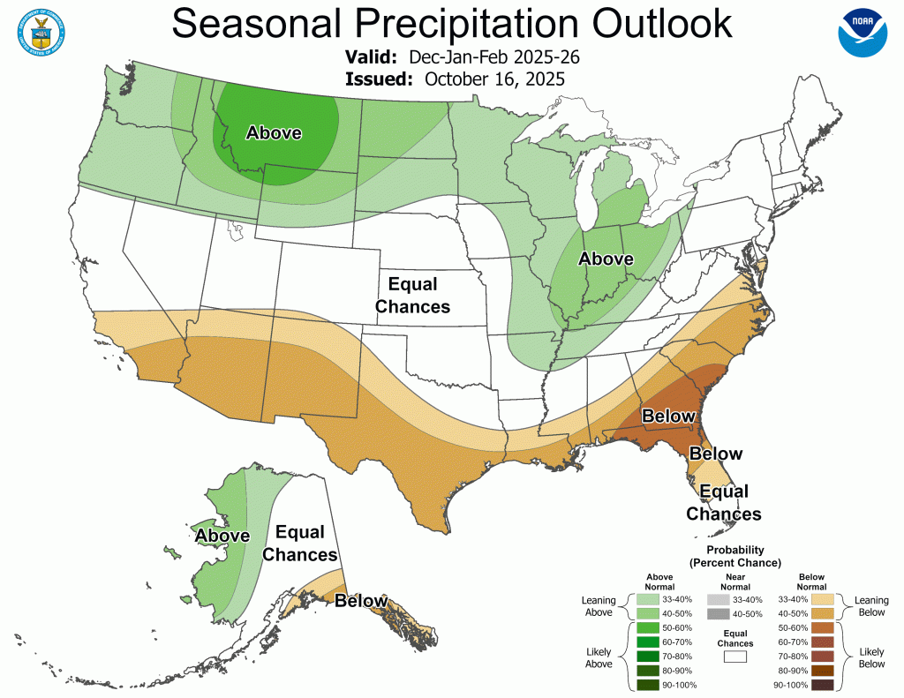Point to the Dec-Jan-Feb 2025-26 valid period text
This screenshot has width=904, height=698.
coord(494,57)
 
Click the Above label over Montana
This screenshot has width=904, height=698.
coord(274,133)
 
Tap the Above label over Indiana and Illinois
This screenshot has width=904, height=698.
coord(606,259)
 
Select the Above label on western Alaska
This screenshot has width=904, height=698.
coord(222,536)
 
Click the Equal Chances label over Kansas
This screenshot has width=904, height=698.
coord(412,296)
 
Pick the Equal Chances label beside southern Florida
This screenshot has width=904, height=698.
coord(724,502)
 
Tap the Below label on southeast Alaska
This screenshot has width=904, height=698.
coord(361,601)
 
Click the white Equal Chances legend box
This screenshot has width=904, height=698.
coord(734,656)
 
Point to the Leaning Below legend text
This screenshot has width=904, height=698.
coord(870,606)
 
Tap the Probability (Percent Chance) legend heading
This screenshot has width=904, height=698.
coord(734,556)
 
